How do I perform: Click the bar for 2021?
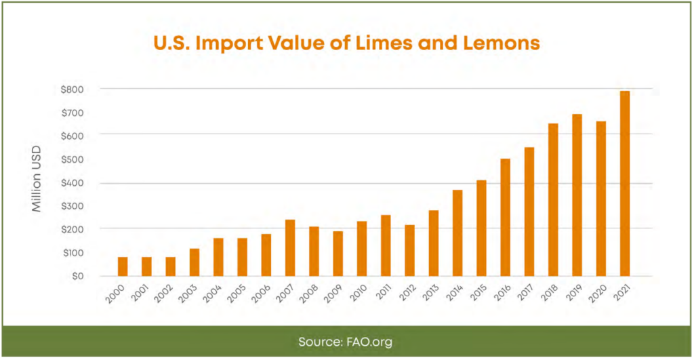624,183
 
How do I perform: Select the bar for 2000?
122,266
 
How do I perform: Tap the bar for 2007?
289,247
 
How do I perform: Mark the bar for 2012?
409,250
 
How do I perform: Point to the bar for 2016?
505,217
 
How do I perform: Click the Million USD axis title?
37,179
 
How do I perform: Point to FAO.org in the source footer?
369,342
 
